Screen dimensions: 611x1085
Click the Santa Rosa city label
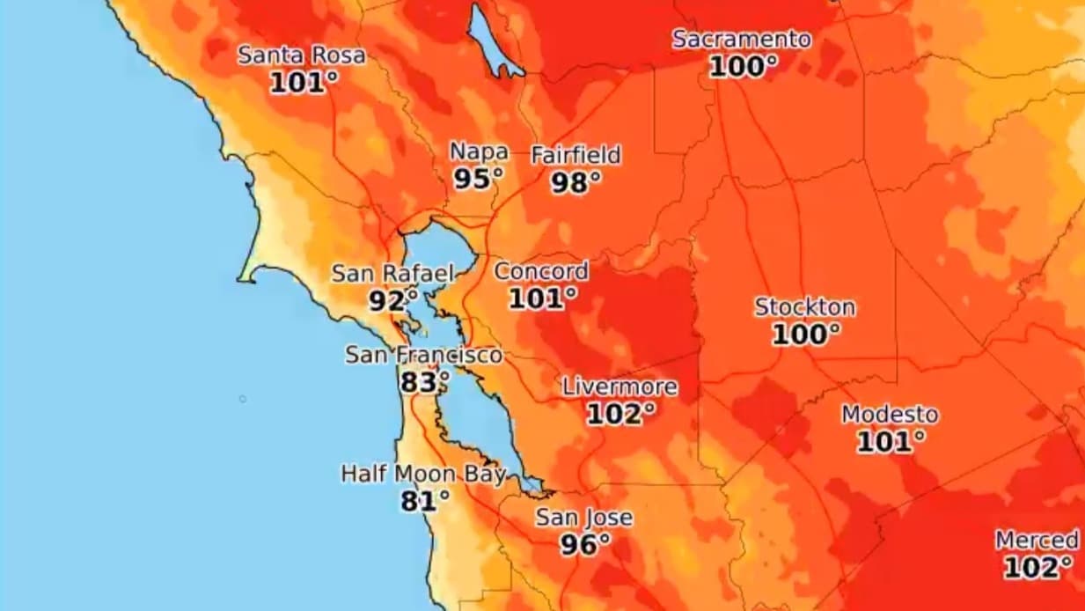click(301, 55)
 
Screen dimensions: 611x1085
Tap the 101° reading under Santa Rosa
click(304, 83)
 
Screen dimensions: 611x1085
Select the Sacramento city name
click(742, 40)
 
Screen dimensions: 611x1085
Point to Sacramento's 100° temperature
click(744, 66)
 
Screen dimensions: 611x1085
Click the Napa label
click(479, 151)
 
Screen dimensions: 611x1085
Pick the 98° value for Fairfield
click(576, 182)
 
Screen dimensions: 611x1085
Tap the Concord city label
click(540, 271)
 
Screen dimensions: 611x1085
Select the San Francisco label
click(423, 355)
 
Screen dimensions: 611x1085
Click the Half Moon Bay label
click(423, 475)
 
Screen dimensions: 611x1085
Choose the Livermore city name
click(619, 386)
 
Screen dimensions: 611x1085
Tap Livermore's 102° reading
click(621, 414)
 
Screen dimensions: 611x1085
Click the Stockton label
click(804, 307)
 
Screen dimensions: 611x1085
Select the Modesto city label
click(890, 414)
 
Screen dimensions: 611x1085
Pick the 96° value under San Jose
click(585, 545)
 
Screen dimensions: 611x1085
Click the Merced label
click(1037, 540)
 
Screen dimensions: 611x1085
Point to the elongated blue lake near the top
click(493, 40)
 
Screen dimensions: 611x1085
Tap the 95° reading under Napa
click(479, 179)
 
